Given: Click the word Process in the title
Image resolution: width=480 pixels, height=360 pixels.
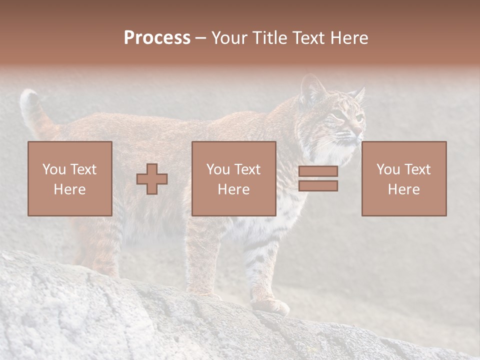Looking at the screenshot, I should click(x=157, y=38).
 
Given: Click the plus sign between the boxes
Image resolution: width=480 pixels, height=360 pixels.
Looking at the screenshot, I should click(x=152, y=179).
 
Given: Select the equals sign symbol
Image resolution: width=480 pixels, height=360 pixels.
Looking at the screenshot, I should click(x=318, y=178).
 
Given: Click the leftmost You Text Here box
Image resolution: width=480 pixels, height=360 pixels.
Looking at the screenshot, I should click(x=70, y=178).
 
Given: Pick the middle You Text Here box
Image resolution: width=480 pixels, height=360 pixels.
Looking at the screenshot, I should click(x=234, y=178).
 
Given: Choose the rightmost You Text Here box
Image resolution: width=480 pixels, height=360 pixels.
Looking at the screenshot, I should click(x=404, y=178).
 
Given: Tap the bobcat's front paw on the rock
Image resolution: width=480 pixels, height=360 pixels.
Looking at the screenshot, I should click(x=272, y=306).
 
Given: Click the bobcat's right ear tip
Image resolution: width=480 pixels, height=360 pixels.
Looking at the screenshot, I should click(x=361, y=91).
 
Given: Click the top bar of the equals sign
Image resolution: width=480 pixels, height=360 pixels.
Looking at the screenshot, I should click(x=318, y=171).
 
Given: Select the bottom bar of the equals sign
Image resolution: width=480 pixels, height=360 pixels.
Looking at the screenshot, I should click(x=318, y=186).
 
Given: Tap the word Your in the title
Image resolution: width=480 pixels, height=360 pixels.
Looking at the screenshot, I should click(x=231, y=38).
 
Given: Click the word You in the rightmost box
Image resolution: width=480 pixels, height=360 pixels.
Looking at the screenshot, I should click(x=387, y=169).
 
